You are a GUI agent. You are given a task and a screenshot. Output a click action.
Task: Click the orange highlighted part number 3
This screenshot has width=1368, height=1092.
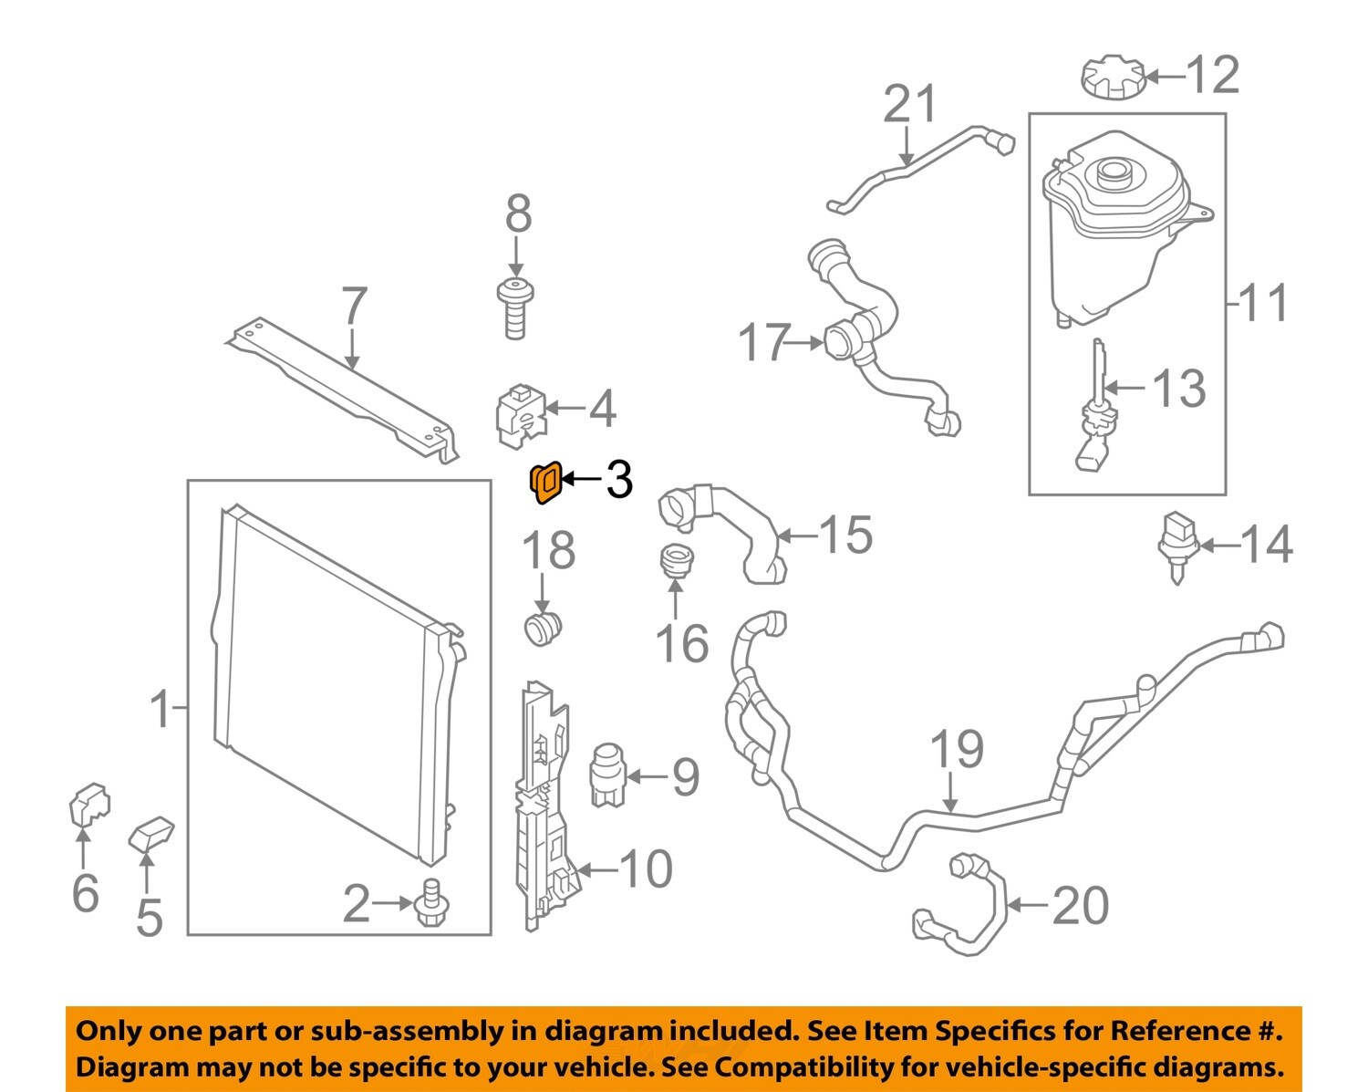point(544,482)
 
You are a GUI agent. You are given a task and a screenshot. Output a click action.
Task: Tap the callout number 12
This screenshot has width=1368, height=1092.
point(1212,75)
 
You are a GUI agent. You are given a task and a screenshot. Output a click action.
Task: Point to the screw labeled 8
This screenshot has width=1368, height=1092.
point(515,308)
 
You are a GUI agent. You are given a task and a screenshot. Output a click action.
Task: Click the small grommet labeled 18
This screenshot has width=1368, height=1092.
point(544,628)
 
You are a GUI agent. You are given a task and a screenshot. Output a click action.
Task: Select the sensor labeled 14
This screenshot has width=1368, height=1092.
point(1176,546)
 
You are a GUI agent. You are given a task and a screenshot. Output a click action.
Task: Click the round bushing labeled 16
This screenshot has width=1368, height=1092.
point(675,560)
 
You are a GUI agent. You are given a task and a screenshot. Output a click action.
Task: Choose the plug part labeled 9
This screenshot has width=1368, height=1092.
point(606,774)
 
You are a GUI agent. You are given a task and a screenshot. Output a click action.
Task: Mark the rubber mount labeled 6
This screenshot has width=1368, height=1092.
point(88,805)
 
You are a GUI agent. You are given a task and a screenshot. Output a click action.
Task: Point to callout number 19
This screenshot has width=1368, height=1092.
point(956,750)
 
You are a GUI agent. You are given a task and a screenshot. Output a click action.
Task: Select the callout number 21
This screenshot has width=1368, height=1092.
point(909,105)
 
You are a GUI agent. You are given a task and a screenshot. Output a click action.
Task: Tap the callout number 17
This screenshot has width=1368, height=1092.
point(762,343)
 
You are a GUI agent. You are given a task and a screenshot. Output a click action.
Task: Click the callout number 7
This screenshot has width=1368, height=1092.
point(354,307)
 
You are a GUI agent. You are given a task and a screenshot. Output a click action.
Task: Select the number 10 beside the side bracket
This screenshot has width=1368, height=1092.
point(646,869)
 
